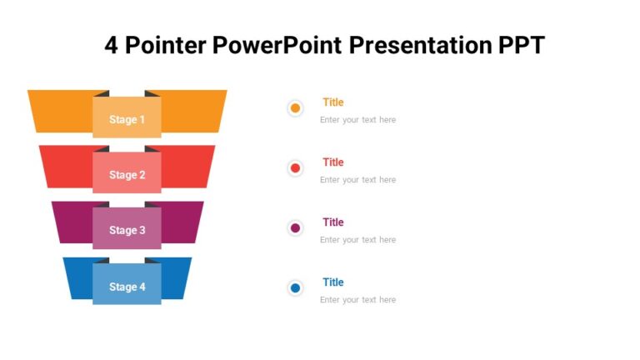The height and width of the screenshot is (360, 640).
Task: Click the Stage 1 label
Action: coord(127,119)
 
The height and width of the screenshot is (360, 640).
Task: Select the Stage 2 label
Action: coord(127,175)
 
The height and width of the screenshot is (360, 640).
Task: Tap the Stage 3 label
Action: coord(127,230)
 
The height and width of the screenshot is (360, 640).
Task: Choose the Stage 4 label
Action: coord(127,287)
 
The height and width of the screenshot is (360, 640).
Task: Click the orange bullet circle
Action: coord(295,108)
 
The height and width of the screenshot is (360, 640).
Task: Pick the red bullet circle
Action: coord(295,168)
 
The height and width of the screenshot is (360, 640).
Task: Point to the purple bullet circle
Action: coord(295,228)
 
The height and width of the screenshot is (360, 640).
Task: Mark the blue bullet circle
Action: coord(295,288)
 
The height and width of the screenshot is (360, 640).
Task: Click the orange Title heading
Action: coord(332,102)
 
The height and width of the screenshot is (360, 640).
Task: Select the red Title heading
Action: coord(332,162)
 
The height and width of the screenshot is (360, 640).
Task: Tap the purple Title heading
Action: coord(332,222)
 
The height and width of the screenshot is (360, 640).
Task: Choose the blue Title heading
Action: coord(332,282)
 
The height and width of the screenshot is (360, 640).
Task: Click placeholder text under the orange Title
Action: coord(357,120)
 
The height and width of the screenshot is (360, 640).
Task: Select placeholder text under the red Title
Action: coord(357,180)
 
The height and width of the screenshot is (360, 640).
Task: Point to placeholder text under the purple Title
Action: coord(357,240)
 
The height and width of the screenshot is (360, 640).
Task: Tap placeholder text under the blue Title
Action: coord(357,300)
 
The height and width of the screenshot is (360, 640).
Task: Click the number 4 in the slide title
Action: coord(112,45)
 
